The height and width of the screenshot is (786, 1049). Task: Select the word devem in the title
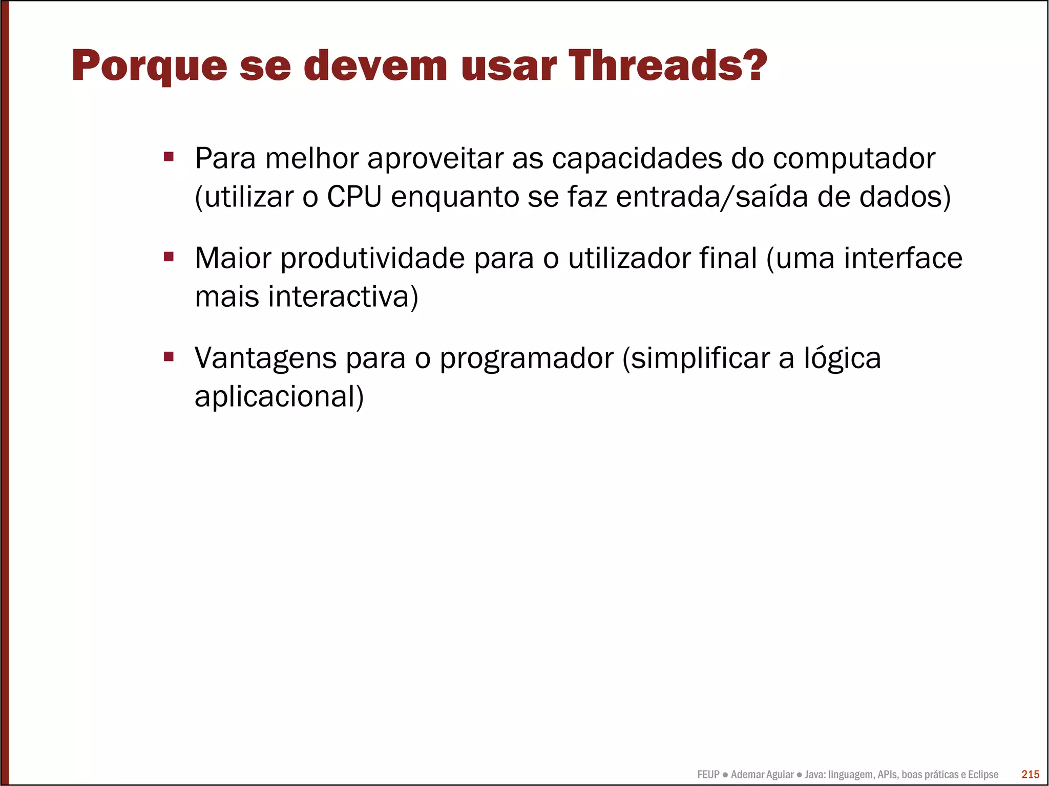pyautogui.click(x=375, y=66)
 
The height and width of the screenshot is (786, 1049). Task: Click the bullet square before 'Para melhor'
pyautogui.click(x=169, y=156)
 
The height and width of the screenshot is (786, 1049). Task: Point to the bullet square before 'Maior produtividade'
pyautogui.click(x=169, y=256)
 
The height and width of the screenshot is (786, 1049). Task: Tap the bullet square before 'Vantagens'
pyautogui.click(x=169, y=356)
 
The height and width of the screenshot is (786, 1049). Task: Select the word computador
pyautogui.click(x=854, y=159)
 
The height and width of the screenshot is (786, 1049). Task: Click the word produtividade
pyautogui.click(x=372, y=258)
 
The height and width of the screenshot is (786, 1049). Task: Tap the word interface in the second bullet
pyautogui.click(x=903, y=258)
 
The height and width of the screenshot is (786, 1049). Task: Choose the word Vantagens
pyautogui.click(x=265, y=358)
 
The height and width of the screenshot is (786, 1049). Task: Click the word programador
pyautogui.click(x=527, y=358)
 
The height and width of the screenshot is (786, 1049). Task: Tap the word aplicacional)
pyautogui.click(x=279, y=396)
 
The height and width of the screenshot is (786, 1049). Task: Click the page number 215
pyautogui.click(x=1030, y=774)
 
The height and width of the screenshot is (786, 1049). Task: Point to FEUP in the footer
pyautogui.click(x=708, y=775)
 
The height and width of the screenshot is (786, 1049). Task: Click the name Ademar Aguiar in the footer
pyautogui.click(x=762, y=775)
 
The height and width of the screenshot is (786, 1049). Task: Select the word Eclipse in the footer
pyautogui.click(x=982, y=775)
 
